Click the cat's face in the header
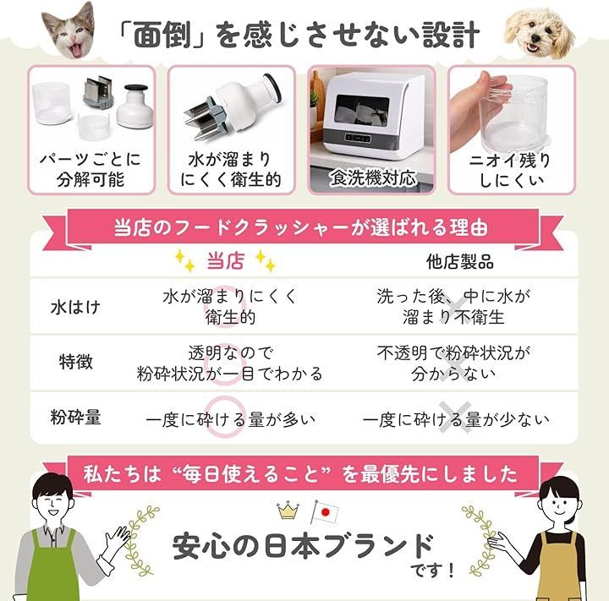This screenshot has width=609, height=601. (70, 31)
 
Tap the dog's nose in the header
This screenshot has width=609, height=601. (536, 38)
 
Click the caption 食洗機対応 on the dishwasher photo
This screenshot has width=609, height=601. (373, 178)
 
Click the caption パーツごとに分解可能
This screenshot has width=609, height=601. (91, 170)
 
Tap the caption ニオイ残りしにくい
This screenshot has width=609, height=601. (511, 170)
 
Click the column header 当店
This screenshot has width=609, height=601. (226, 260)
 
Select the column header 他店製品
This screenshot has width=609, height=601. (460, 262)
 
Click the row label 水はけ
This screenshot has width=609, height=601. (76, 307)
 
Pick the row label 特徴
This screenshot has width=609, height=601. (76, 361)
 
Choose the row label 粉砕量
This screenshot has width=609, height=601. (76, 417)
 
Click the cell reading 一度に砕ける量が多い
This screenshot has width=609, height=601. (230, 419)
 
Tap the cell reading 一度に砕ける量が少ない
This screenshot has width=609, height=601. (456, 419)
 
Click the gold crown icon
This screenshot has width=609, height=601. (288, 511)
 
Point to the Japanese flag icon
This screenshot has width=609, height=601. (324, 511)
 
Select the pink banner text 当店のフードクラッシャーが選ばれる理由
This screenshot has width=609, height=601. (300, 227)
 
